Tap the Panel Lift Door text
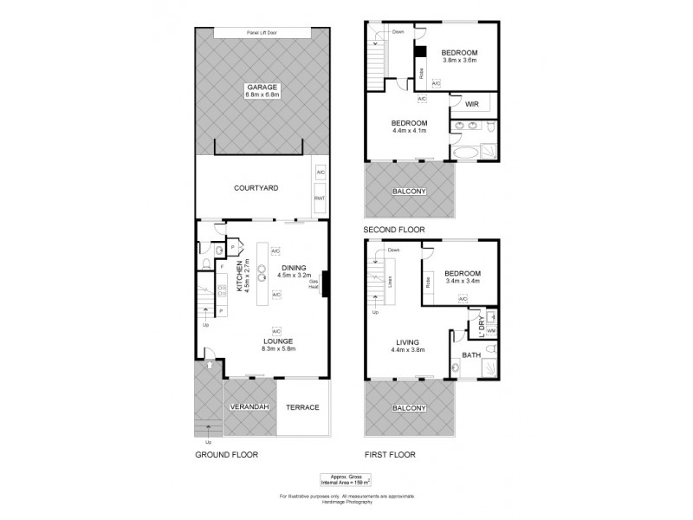pos(262,33)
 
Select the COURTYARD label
pos(255,187)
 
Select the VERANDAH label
pos(249,407)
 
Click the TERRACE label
pos(303,407)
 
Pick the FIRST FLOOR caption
pos(392,454)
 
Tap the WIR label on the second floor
pos(471,104)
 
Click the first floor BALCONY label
pos(410,407)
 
